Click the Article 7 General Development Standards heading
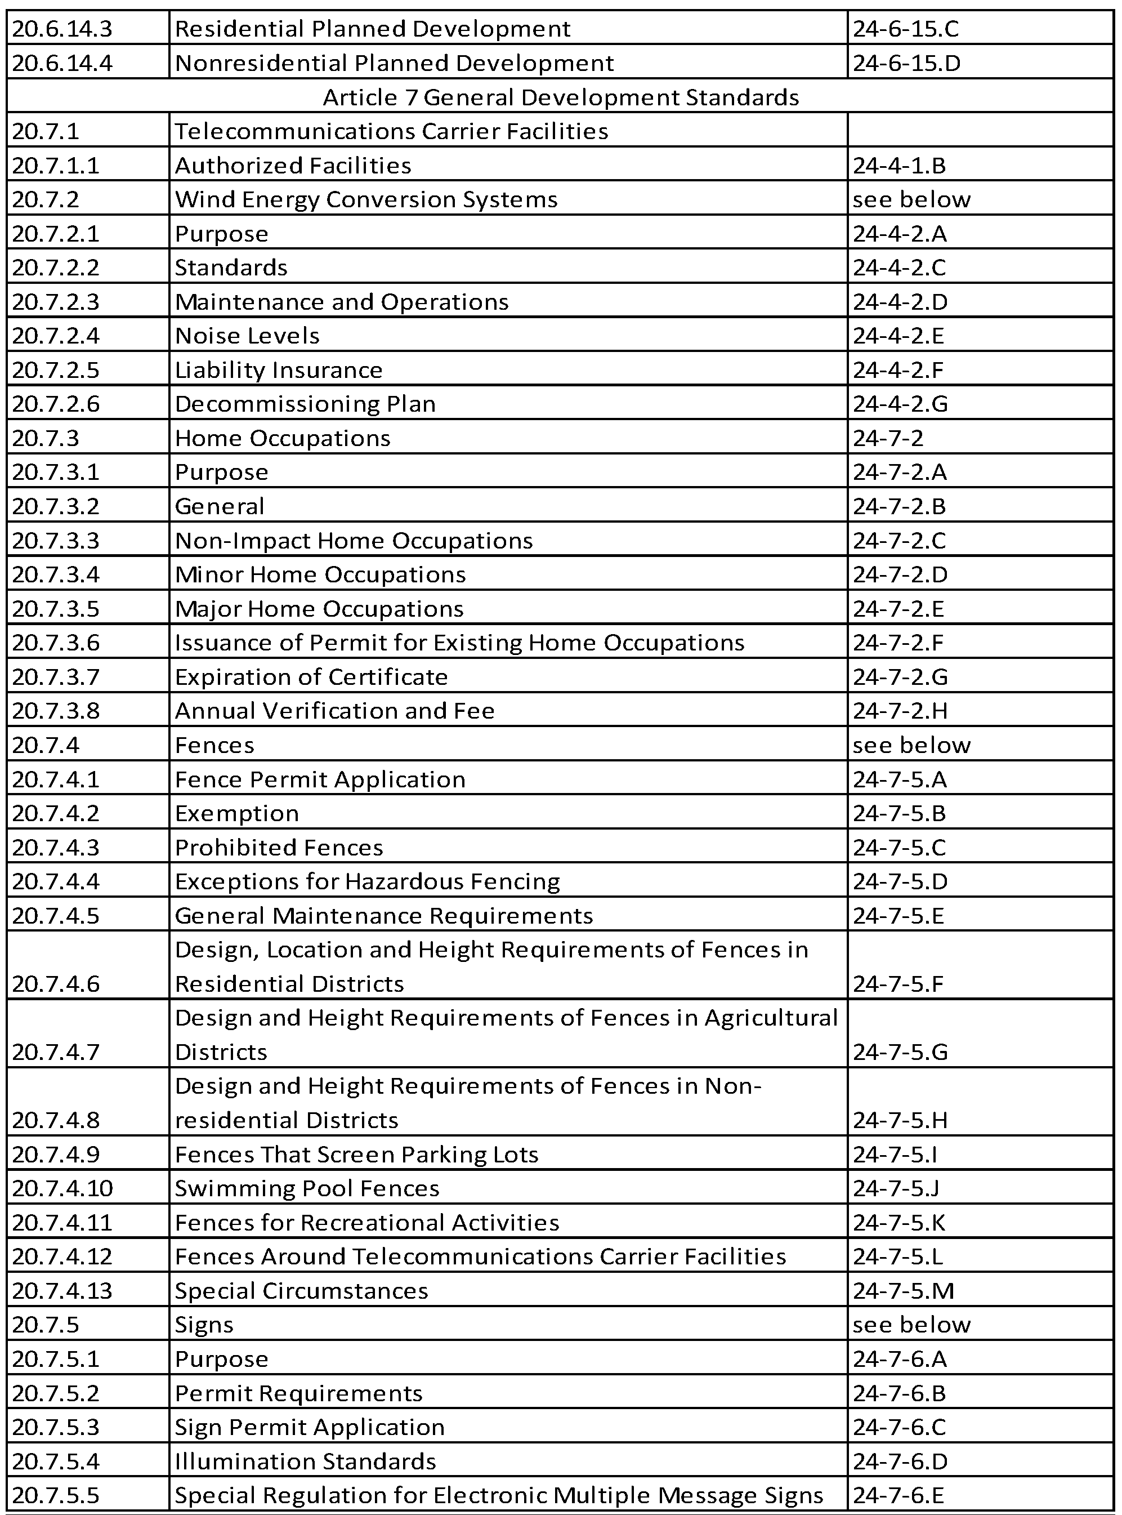tap(560, 97)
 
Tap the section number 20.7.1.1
tap(56, 166)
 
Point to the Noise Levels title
tap(247, 336)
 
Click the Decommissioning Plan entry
tap(305, 404)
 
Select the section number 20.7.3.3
tap(56, 541)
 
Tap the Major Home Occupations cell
tap(319, 609)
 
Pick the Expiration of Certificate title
tap(311, 676)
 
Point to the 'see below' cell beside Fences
tap(911, 745)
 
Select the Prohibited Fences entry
tap(279, 848)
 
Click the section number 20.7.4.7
tap(56, 1051)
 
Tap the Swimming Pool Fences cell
tap(307, 1188)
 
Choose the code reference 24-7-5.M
tap(904, 1290)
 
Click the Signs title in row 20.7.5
tap(204, 1325)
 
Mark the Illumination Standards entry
tap(306, 1460)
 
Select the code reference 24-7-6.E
tap(899, 1495)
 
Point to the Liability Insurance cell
tap(279, 370)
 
